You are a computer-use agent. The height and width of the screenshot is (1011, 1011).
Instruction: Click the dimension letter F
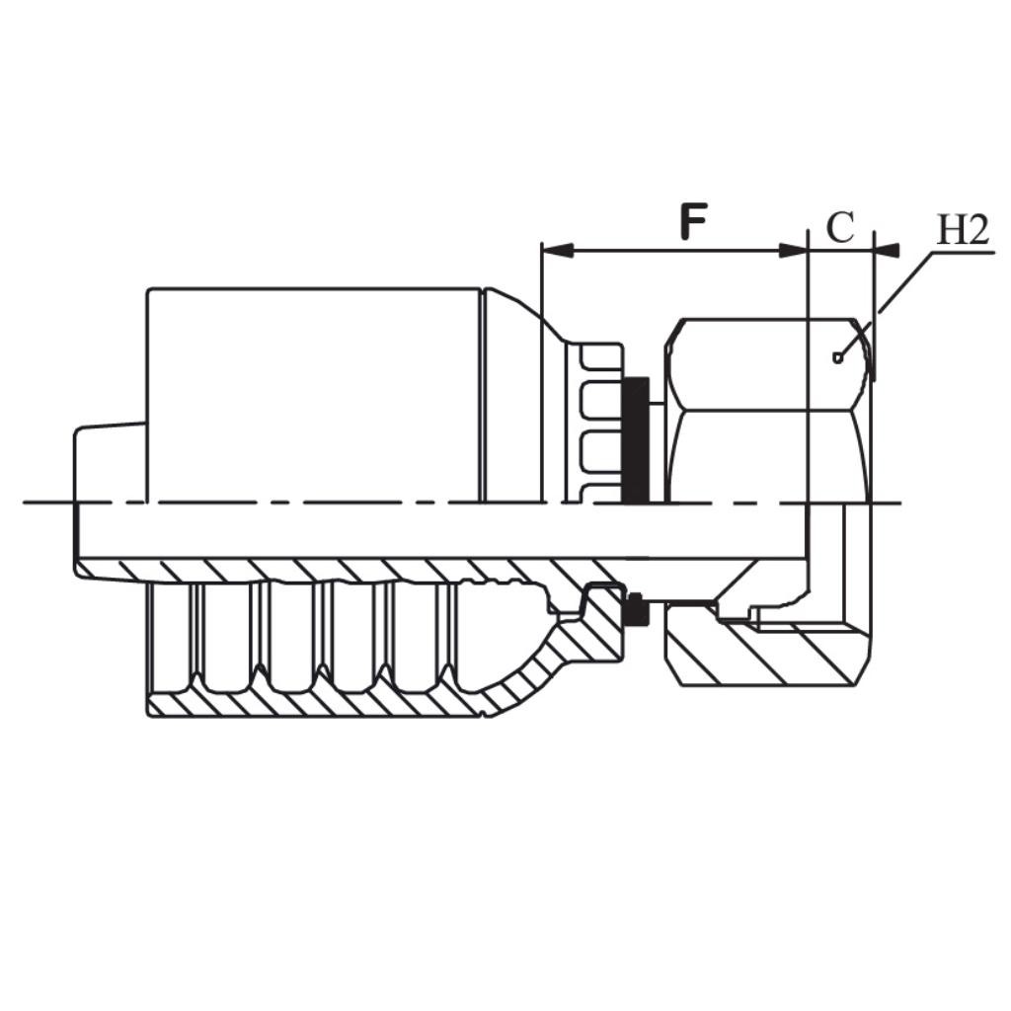tap(694, 223)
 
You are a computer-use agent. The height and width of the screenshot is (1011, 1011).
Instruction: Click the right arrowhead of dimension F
tap(794, 251)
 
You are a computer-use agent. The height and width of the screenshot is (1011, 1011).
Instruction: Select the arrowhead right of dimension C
tap(888, 251)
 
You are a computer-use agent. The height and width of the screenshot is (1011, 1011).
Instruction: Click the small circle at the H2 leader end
tap(838, 357)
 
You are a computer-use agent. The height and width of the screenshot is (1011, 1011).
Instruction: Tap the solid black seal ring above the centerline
tap(637, 438)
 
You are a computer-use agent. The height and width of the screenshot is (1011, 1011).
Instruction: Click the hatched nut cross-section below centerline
tap(770, 657)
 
